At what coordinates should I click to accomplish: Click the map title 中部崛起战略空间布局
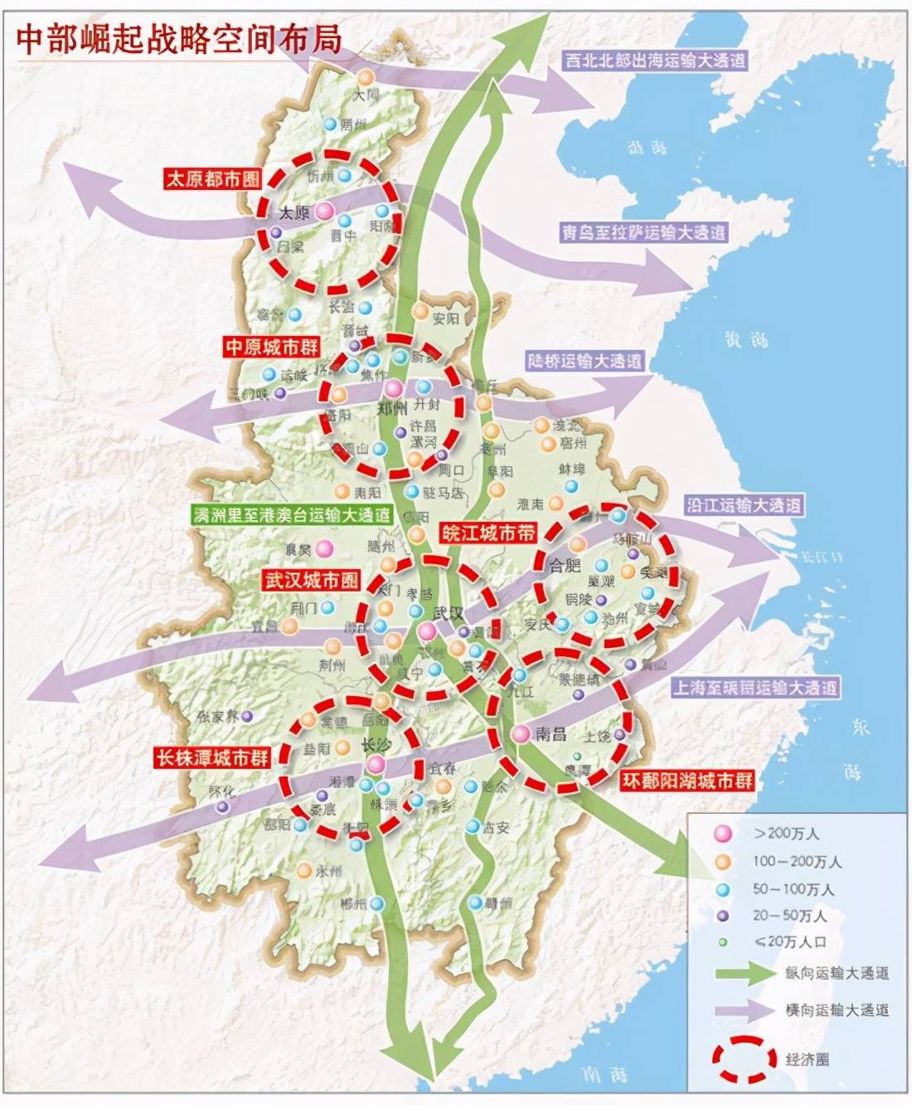(x=178, y=38)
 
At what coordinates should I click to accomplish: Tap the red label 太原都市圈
(x=212, y=178)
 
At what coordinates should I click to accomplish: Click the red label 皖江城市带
(x=488, y=533)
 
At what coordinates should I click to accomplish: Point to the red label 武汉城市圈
(x=311, y=580)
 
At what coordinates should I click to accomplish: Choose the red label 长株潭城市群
(x=212, y=757)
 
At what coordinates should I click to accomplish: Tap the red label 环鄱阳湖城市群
(x=687, y=780)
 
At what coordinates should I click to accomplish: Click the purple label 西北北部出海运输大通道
(x=655, y=60)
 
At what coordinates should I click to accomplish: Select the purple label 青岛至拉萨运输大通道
(x=643, y=232)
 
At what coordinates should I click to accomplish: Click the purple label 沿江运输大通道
(x=744, y=504)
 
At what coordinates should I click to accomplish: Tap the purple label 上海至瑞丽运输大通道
(x=755, y=687)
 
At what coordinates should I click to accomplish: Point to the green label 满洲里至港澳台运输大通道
(x=291, y=514)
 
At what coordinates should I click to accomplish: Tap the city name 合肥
(x=565, y=565)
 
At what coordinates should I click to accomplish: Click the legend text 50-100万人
(x=793, y=888)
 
